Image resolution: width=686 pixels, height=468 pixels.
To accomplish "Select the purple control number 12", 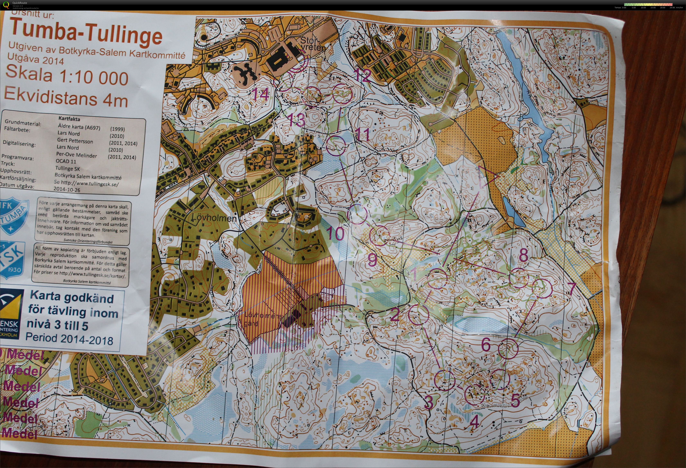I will (362, 75).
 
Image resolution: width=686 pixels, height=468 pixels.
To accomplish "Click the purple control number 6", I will (486, 344).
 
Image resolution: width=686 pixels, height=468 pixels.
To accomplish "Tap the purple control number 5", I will (515, 400).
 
